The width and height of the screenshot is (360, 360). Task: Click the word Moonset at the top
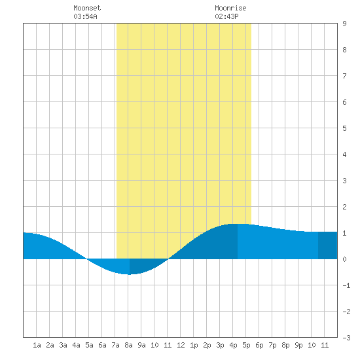click(87, 8)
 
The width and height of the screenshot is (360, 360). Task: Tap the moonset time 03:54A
click(85, 16)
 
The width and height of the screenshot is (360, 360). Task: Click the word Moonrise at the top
click(230, 8)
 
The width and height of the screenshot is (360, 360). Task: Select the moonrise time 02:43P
click(226, 16)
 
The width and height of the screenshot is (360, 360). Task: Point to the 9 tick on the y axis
click(344, 24)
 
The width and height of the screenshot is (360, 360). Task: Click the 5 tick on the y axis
click(344, 128)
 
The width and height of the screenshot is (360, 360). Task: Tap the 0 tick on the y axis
click(344, 259)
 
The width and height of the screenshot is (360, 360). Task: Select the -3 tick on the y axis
click(347, 338)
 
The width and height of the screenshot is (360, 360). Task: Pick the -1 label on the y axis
click(347, 285)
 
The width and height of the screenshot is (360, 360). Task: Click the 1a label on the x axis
click(37, 345)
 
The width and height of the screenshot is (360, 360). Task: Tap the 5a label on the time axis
click(89, 345)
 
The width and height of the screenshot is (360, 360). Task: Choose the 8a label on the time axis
click(128, 345)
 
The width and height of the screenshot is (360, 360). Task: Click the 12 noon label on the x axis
click(181, 345)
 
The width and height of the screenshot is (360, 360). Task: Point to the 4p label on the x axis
click(233, 345)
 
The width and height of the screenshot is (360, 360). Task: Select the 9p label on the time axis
click(298, 345)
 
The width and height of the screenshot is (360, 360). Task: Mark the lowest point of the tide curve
click(129, 274)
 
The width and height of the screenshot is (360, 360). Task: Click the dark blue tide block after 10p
click(328, 245)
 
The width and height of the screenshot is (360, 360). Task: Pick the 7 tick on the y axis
click(344, 76)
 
